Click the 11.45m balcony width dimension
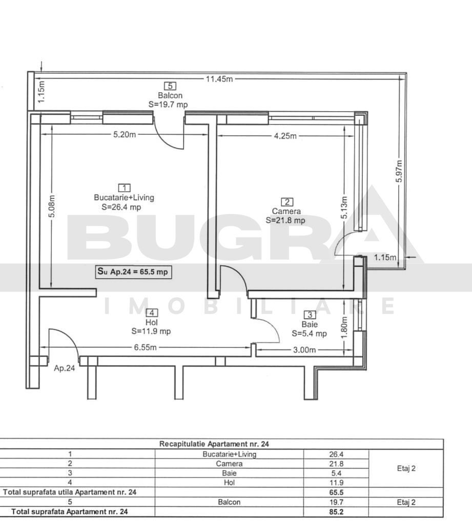[x=219, y=79]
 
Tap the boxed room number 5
[x=170, y=86]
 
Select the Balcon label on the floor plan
[x=170, y=95]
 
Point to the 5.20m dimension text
[x=125, y=135]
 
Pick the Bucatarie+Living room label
[x=124, y=197]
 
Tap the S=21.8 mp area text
[x=285, y=220]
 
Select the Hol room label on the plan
[x=151, y=322]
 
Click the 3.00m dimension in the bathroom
[x=304, y=350]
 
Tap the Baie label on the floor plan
[x=310, y=324]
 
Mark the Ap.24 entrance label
[x=65, y=368]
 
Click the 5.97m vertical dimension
[x=400, y=174]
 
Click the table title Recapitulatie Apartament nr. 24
[x=214, y=444]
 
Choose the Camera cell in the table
[x=229, y=464]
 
